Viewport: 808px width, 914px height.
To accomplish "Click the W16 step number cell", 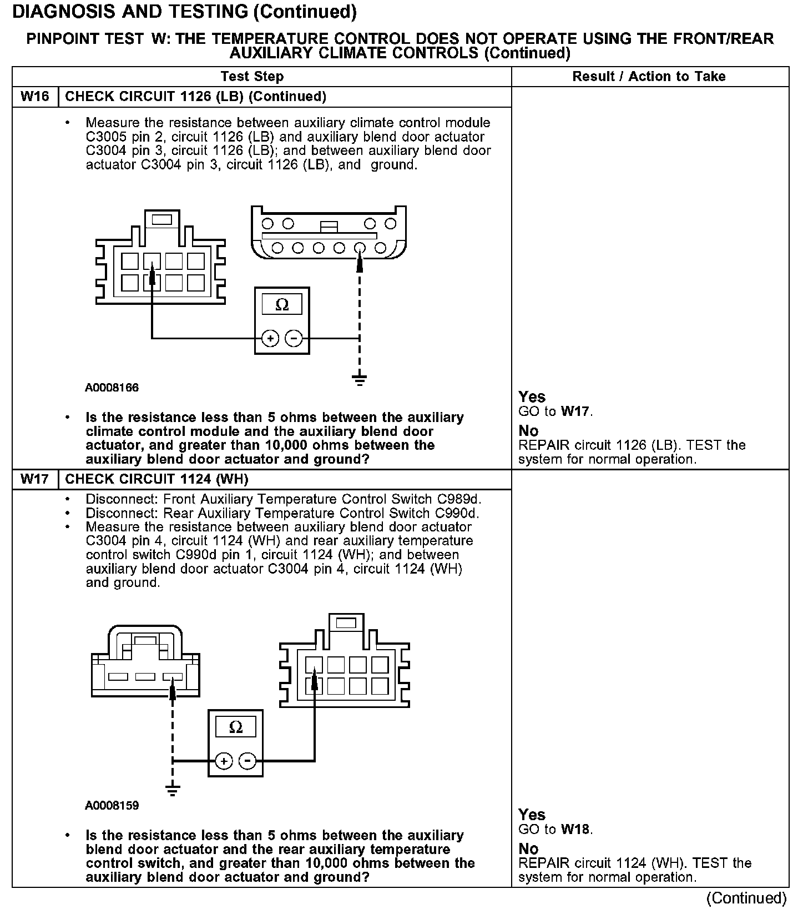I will (34, 97).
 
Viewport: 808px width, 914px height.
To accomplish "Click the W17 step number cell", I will (34, 479).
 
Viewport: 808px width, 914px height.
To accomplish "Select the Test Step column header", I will (252, 77).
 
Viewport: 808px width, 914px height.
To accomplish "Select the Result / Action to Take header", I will (649, 77).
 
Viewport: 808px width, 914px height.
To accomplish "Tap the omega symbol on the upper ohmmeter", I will (282, 305).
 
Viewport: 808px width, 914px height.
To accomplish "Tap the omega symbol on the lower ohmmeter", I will (235, 727).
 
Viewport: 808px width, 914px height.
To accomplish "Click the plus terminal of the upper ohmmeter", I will (270, 338).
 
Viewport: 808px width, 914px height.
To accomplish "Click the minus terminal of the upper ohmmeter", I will (294, 338).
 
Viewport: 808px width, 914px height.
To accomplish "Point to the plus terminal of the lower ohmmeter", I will (224, 761).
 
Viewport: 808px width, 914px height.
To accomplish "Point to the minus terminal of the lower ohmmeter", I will (248, 761).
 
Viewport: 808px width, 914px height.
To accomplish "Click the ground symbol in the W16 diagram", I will (360, 379).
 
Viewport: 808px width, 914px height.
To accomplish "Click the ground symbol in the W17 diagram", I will (173, 790).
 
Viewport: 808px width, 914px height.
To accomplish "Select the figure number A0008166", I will (112, 388).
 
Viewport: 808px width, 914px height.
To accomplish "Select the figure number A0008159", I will (112, 805).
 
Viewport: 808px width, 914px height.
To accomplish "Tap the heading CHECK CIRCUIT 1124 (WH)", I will (156, 479).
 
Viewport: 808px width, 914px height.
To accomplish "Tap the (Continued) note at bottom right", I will (746, 898).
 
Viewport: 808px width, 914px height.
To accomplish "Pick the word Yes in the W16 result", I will (532, 397).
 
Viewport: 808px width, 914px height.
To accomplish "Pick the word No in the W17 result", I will (528, 848).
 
